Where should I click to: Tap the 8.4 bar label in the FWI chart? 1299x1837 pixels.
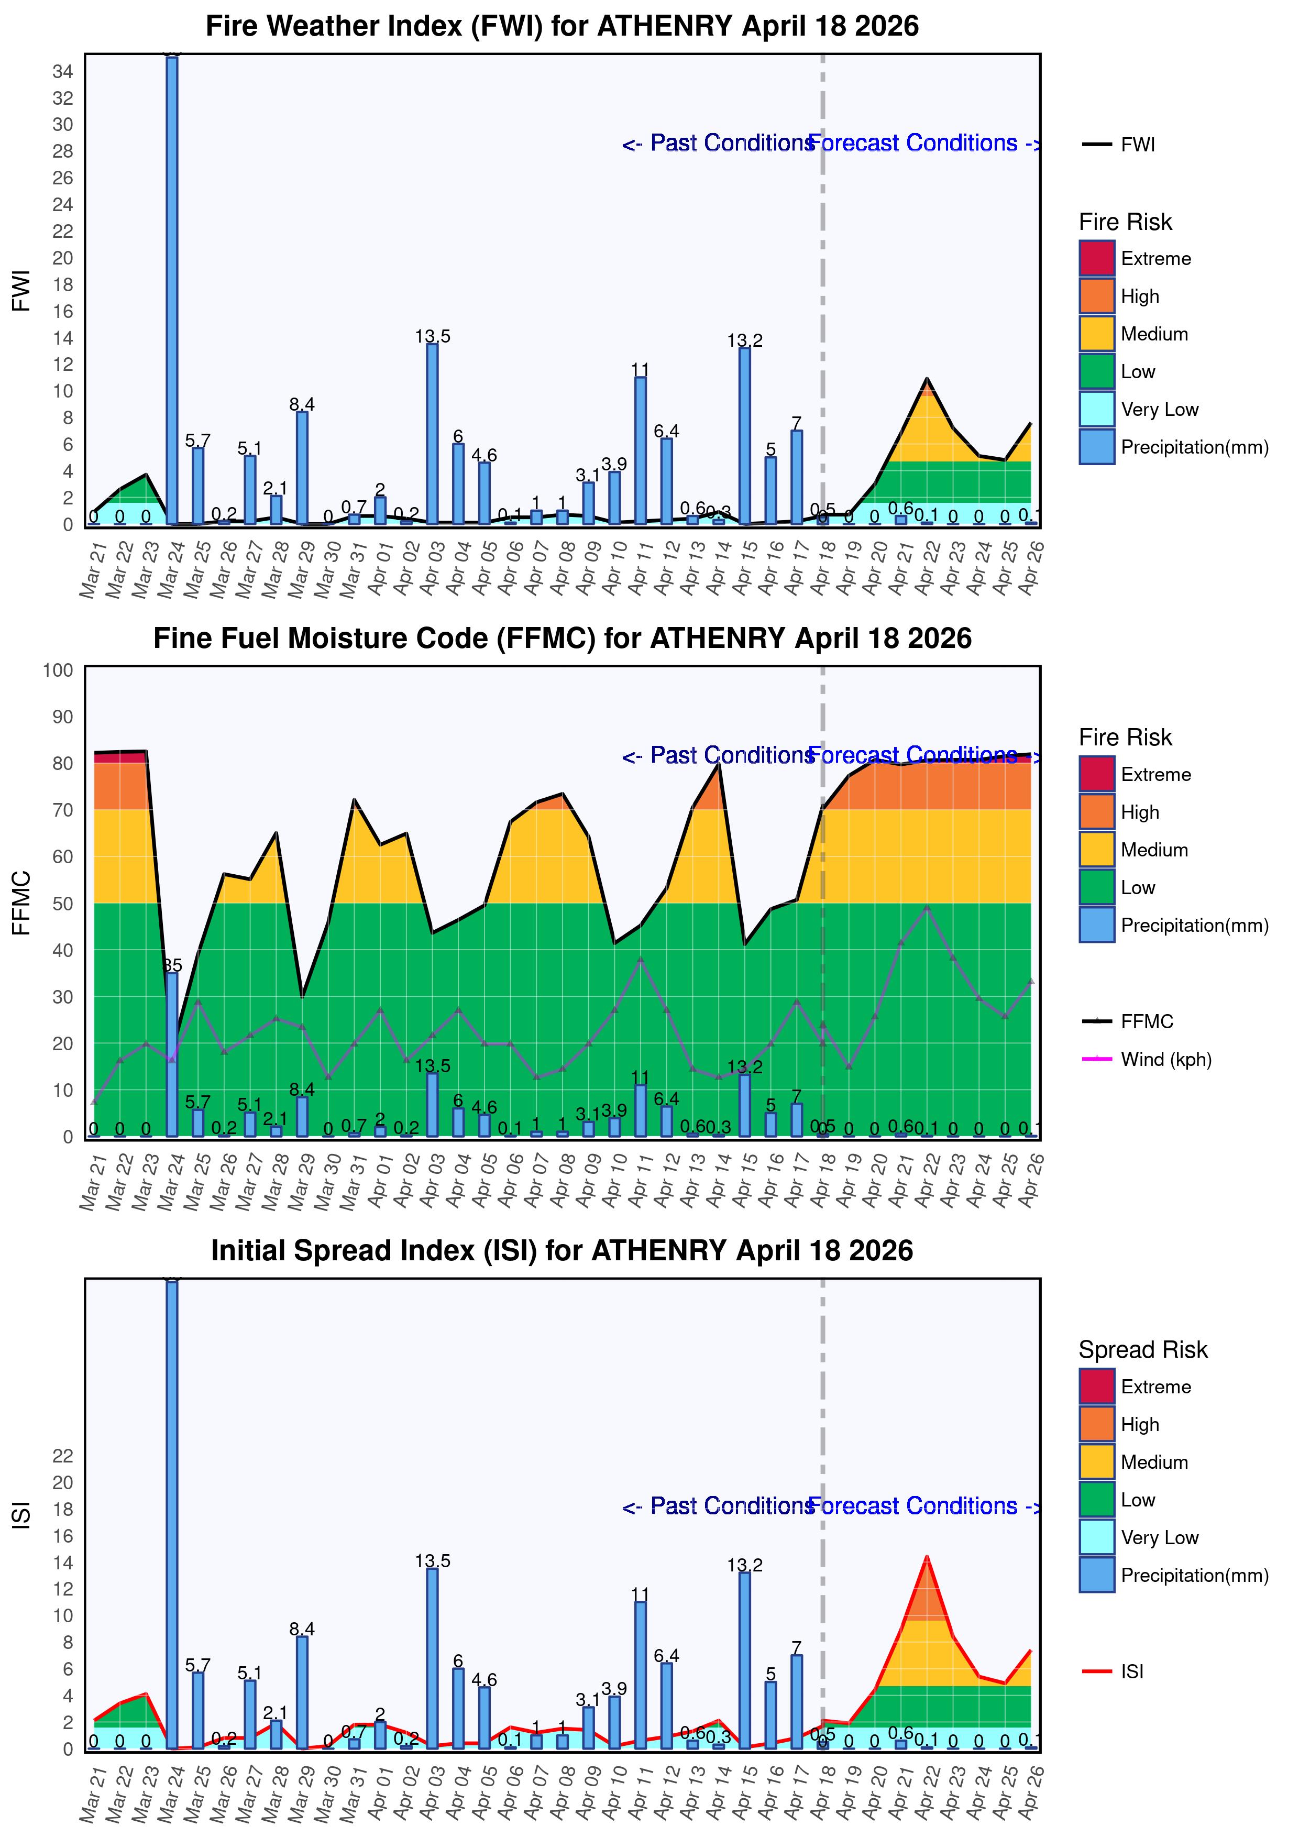[302, 404]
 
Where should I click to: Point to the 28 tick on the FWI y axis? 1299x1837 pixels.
[62, 151]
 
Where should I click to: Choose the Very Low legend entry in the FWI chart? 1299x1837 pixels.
[1159, 410]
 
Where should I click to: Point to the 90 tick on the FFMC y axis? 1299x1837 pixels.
[62, 717]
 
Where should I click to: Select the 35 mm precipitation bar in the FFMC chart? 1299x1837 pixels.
[172, 1054]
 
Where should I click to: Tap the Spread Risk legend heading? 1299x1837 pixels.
[1142, 1350]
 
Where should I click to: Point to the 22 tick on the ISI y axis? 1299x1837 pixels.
[62, 1455]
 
